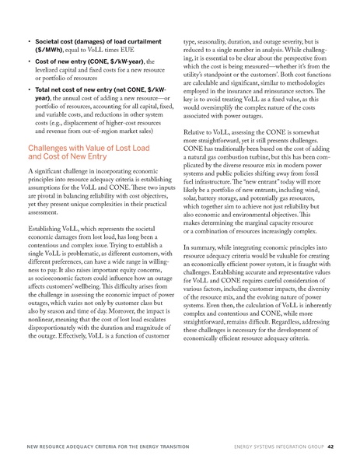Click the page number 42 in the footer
point(330,446)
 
